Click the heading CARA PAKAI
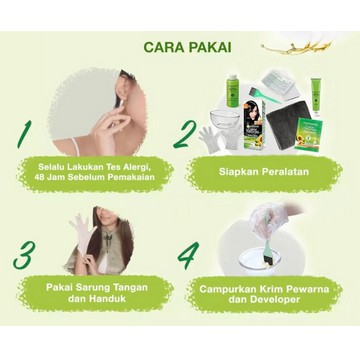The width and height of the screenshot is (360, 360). click(x=187, y=47)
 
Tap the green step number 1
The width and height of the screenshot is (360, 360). click(x=25, y=134)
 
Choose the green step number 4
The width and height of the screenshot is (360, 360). click(x=188, y=255)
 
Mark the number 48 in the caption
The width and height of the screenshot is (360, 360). click(x=39, y=177)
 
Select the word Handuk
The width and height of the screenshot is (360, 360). click(x=107, y=298)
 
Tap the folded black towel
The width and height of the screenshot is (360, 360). click(x=287, y=125)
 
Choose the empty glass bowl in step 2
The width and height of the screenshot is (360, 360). click(x=225, y=119)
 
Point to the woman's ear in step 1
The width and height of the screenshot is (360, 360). click(x=122, y=91)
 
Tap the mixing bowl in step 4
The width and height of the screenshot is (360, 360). click(x=260, y=261)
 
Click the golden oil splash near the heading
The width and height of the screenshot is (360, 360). click(x=297, y=47)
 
